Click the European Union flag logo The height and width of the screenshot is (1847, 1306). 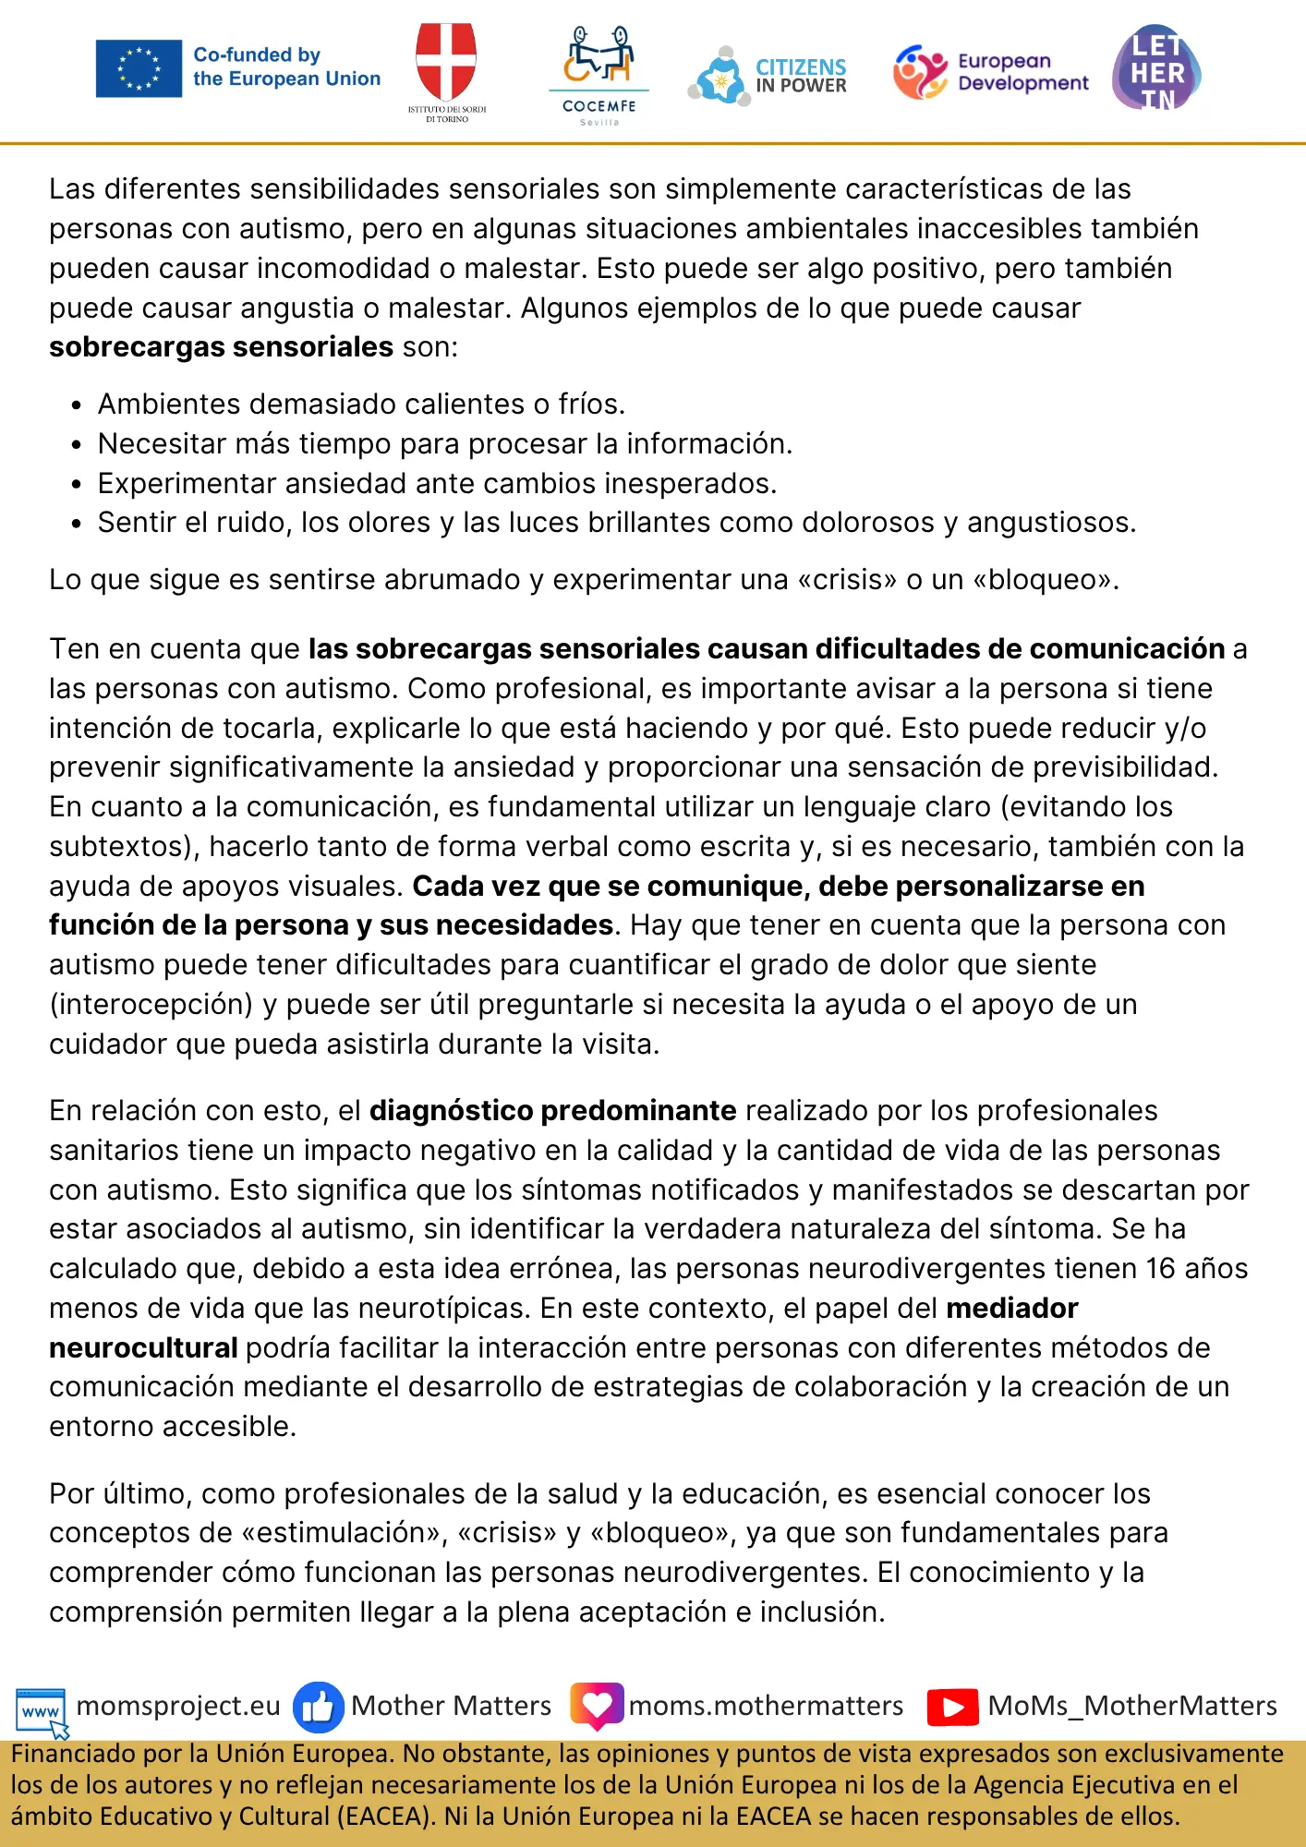click(139, 68)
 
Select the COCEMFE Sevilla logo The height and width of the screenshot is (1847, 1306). click(599, 74)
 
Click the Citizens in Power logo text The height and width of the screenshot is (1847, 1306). click(801, 76)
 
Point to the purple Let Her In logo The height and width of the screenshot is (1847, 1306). click(1156, 69)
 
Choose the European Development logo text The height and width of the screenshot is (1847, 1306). click(1022, 72)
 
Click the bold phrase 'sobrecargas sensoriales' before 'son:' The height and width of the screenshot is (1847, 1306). click(222, 347)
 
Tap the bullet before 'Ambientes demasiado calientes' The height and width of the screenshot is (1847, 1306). click(77, 405)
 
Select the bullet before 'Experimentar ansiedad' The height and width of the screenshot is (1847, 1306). click(77, 485)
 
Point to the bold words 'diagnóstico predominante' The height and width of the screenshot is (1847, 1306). click(552, 1111)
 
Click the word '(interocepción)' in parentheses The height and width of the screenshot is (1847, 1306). click(151, 1005)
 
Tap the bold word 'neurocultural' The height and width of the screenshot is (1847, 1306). click(143, 1348)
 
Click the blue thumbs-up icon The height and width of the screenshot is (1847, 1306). click(318, 1708)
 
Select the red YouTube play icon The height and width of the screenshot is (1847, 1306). click(952, 1708)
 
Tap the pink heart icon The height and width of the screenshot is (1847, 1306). click(597, 1706)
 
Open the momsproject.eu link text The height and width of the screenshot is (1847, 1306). click(178, 1706)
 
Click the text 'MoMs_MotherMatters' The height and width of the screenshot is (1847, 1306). click(1132, 1706)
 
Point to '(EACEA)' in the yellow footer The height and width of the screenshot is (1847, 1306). click(385, 1817)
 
